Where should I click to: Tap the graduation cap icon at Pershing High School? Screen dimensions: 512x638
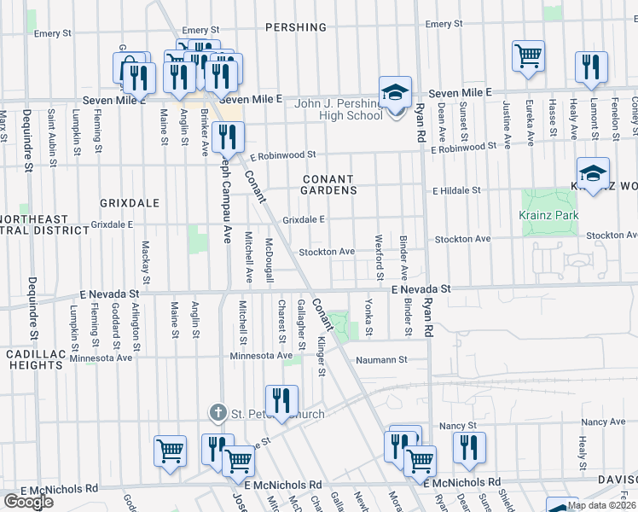pyautogui.click(x=396, y=92)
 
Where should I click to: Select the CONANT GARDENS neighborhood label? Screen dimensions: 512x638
pyautogui.click(x=328, y=184)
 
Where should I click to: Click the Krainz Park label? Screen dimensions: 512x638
pyautogui.click(x=548, y=215)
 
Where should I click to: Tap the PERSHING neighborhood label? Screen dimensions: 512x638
pyautogui.click(x=297, y=27)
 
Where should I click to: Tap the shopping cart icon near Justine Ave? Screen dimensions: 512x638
pyautogui.click(x=529, y=56)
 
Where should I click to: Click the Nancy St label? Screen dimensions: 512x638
pyautogui.click(x=457, y=425)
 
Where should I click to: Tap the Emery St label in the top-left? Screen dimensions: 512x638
pyautogui.click(x=53, y=33)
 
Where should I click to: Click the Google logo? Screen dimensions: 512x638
pyautogui.click(x=27, y=501)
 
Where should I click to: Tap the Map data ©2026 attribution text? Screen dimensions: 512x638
pyautogui.click(x=603, y=506)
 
